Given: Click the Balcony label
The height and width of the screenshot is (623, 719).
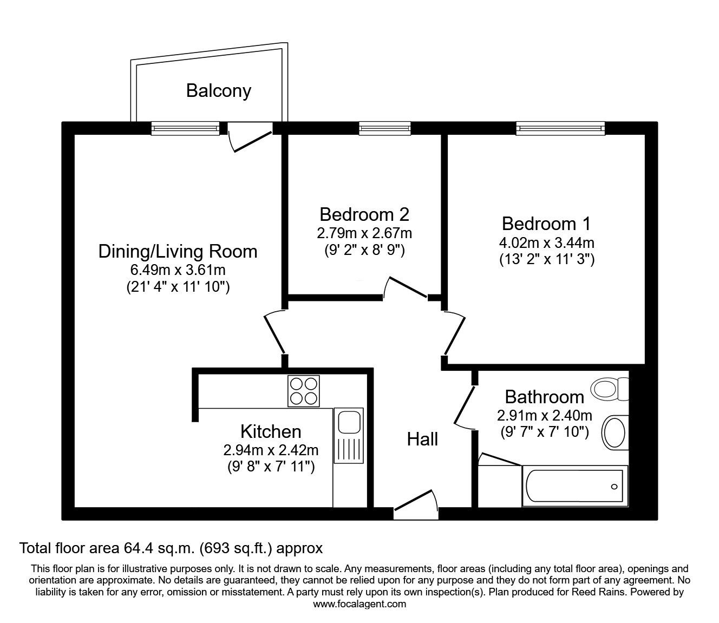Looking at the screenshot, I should [218, 90].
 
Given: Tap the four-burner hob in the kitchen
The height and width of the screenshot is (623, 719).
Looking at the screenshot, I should [303, 391].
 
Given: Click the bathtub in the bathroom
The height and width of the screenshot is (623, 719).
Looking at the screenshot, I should [574, 486].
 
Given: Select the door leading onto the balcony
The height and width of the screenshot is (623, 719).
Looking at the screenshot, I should [250, 136].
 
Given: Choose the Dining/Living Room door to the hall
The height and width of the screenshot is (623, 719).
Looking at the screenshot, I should [274, 332].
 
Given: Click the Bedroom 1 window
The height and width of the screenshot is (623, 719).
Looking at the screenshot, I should [560, 128].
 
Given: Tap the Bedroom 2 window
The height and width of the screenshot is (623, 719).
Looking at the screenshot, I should [384, 128].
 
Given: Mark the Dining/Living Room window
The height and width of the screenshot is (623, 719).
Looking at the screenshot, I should [185, 128].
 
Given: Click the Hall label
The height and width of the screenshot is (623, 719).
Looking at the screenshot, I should [422, 439].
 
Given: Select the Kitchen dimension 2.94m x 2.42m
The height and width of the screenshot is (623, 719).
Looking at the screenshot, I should [270, 449].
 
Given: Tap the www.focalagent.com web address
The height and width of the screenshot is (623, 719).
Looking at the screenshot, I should [359, 604].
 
